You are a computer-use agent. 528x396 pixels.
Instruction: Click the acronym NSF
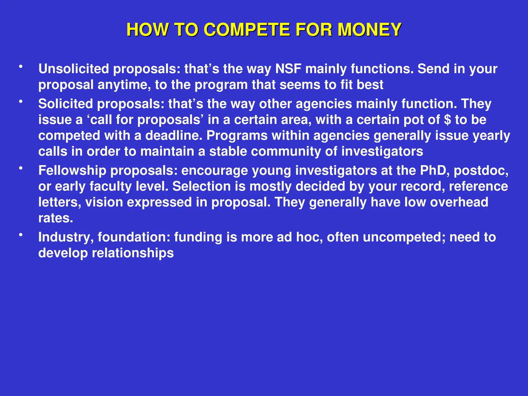tap(288, 69)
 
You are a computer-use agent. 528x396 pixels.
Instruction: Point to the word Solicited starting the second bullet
tap(65, 104)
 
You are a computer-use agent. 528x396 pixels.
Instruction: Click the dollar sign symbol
tap(448, 120)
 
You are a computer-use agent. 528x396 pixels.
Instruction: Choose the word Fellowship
tap(72, 171)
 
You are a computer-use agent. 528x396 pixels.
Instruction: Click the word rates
tap(56, 218)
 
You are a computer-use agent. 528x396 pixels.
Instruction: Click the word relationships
tap(133, 253)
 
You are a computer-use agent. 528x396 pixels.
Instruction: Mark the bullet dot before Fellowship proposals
tap(21, 168)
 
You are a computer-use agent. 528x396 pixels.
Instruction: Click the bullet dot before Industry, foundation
tap(21, 235)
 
